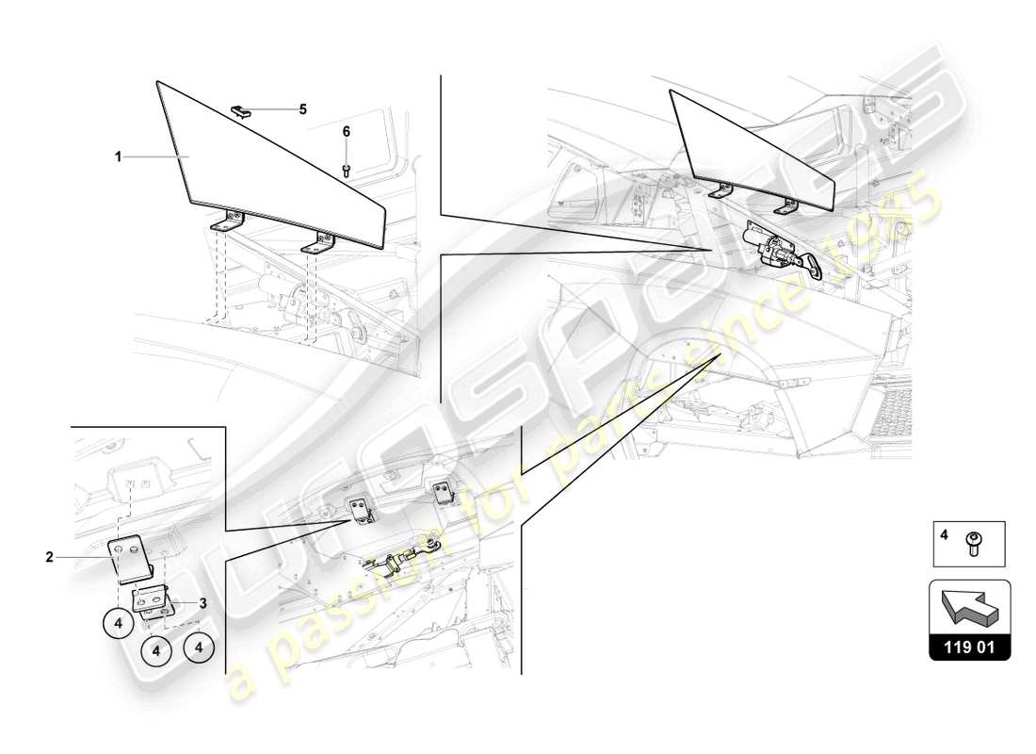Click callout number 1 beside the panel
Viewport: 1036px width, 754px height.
[119, 156]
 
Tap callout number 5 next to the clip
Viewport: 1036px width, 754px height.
[303, 109]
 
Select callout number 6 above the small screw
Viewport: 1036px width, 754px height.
[346, 132]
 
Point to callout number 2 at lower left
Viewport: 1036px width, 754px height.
[49, 557]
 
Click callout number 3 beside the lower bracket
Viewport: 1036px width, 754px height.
[202, 602]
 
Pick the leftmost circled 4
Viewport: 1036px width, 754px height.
[119, 623]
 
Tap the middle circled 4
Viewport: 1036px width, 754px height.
[157, 649]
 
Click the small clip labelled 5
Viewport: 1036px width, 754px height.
[241, 110]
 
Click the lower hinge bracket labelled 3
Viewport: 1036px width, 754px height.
[151, 599]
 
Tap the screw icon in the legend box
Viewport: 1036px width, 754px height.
[974, 544]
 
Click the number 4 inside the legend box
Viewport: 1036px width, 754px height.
[943, 533]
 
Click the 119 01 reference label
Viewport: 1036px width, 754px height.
[970, 648]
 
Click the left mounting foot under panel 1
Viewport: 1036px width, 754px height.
[227, 222]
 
